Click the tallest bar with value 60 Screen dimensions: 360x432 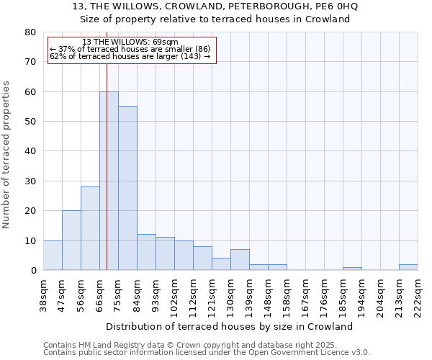[109, 181]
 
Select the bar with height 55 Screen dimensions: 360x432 [127, 188]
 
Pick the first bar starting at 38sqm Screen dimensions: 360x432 [53, 255]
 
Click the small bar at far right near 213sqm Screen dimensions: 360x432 [408, 267]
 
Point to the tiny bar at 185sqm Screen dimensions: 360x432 [352, 269]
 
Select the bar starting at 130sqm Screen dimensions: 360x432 [240, 260]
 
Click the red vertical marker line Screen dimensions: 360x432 [107, 144]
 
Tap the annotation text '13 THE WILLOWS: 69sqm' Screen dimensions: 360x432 [130, 42]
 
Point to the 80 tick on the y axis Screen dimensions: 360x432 [30, 32]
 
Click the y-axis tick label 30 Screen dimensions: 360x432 [30, 181]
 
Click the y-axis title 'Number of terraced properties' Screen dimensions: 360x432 [6, 154]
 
